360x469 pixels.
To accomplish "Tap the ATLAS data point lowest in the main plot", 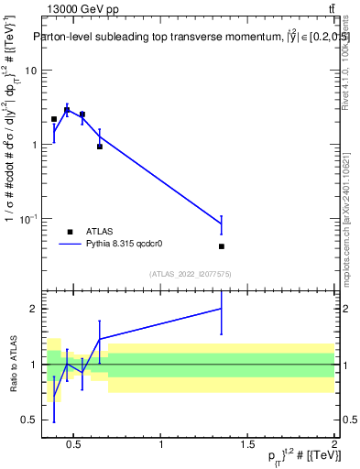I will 222,246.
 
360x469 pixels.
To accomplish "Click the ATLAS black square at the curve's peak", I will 67,110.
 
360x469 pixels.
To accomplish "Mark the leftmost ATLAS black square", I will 54,119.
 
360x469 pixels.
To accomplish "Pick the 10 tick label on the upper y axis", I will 30,71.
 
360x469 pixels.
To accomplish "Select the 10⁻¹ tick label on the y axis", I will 28,219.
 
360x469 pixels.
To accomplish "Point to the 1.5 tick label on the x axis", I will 248,445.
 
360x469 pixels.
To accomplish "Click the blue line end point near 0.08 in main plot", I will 222,224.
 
